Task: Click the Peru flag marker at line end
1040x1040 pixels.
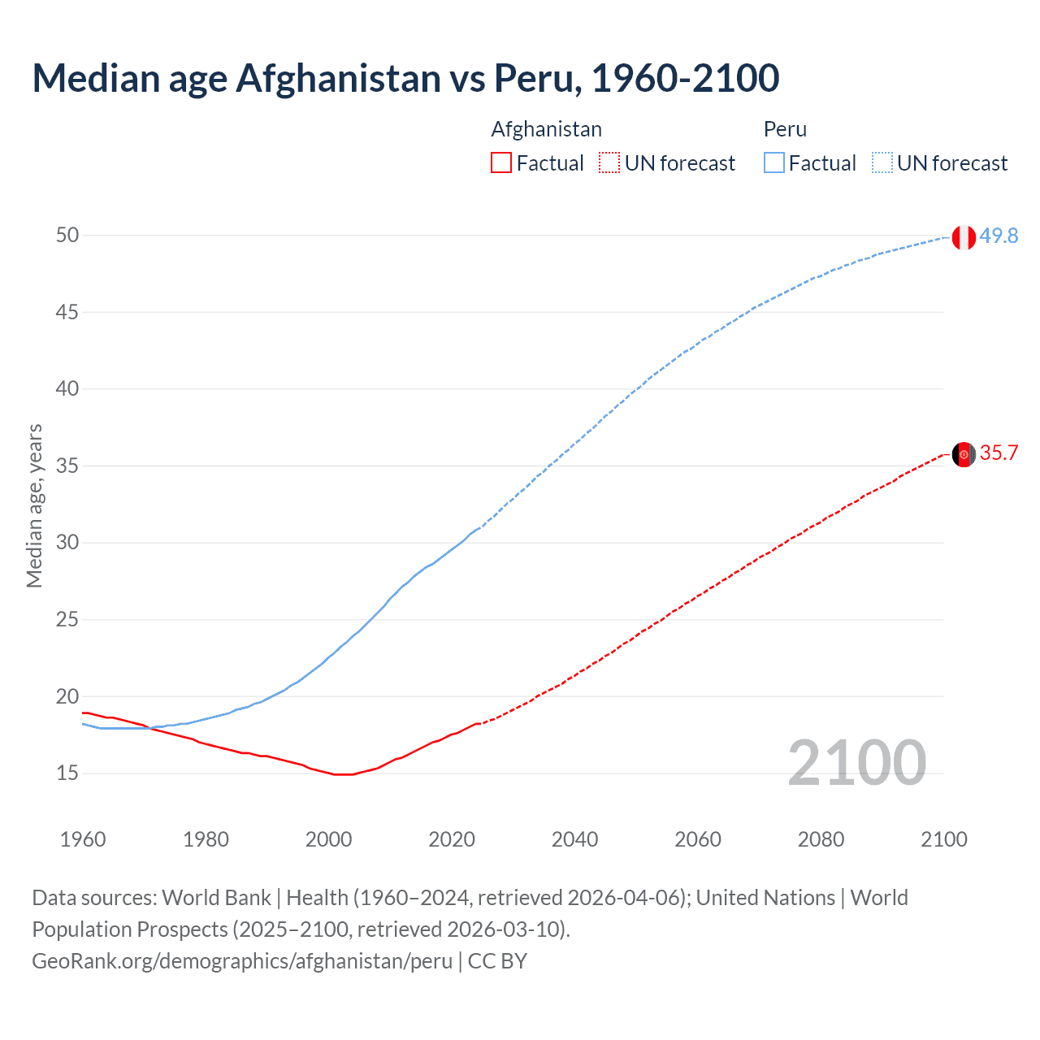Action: coord(964,237)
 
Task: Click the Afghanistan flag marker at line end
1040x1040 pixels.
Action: coord(964,454)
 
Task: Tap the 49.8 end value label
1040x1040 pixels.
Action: coord(999,236)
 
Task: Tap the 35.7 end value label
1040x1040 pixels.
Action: coord(999,453)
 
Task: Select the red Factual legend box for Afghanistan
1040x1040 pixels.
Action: coord(501,163)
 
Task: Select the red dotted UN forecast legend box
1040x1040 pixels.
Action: coord(609,163)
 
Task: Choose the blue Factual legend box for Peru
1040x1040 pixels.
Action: coord(773,163)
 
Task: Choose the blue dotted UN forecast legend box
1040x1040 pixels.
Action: coord(882,163)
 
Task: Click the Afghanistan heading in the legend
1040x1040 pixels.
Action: coord(546,129)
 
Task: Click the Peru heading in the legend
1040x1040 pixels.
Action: coord(785,129)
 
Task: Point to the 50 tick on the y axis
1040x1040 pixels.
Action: coord(67,236)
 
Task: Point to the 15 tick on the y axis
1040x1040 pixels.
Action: coord(67,773)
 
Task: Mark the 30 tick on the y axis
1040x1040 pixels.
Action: coord(67,543)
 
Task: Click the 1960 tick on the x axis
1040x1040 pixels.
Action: coord(83,839)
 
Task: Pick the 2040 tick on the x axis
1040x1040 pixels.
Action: coord(574,839)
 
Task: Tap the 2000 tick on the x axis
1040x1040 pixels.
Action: coord(328,839)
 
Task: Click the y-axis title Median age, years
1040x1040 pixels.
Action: coord(34,505)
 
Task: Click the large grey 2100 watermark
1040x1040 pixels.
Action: coord(856,763)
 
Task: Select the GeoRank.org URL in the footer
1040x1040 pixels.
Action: coord(242,961)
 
